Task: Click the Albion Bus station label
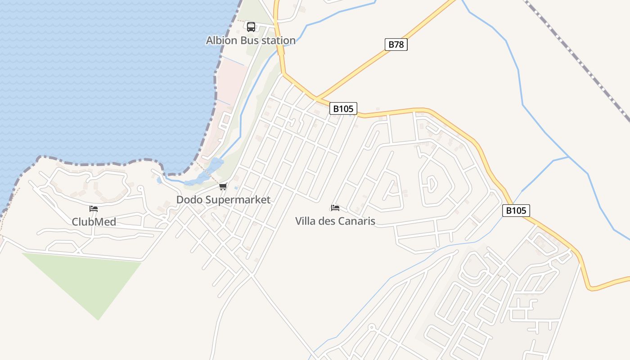click(251, 40)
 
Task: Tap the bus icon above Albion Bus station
click(251, 27)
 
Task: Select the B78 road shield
click(396, 45)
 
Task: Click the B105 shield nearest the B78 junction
click(343, 108)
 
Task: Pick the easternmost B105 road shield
click(516, 211)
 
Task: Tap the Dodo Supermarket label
click(223, 200)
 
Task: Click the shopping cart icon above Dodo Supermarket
click(223, 187)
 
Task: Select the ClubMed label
click(94, 222)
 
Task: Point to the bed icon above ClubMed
click(94, 209)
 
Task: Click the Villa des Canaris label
click(335, 221)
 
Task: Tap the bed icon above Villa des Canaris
click(335, 208)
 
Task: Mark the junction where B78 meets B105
click(316, 98)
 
